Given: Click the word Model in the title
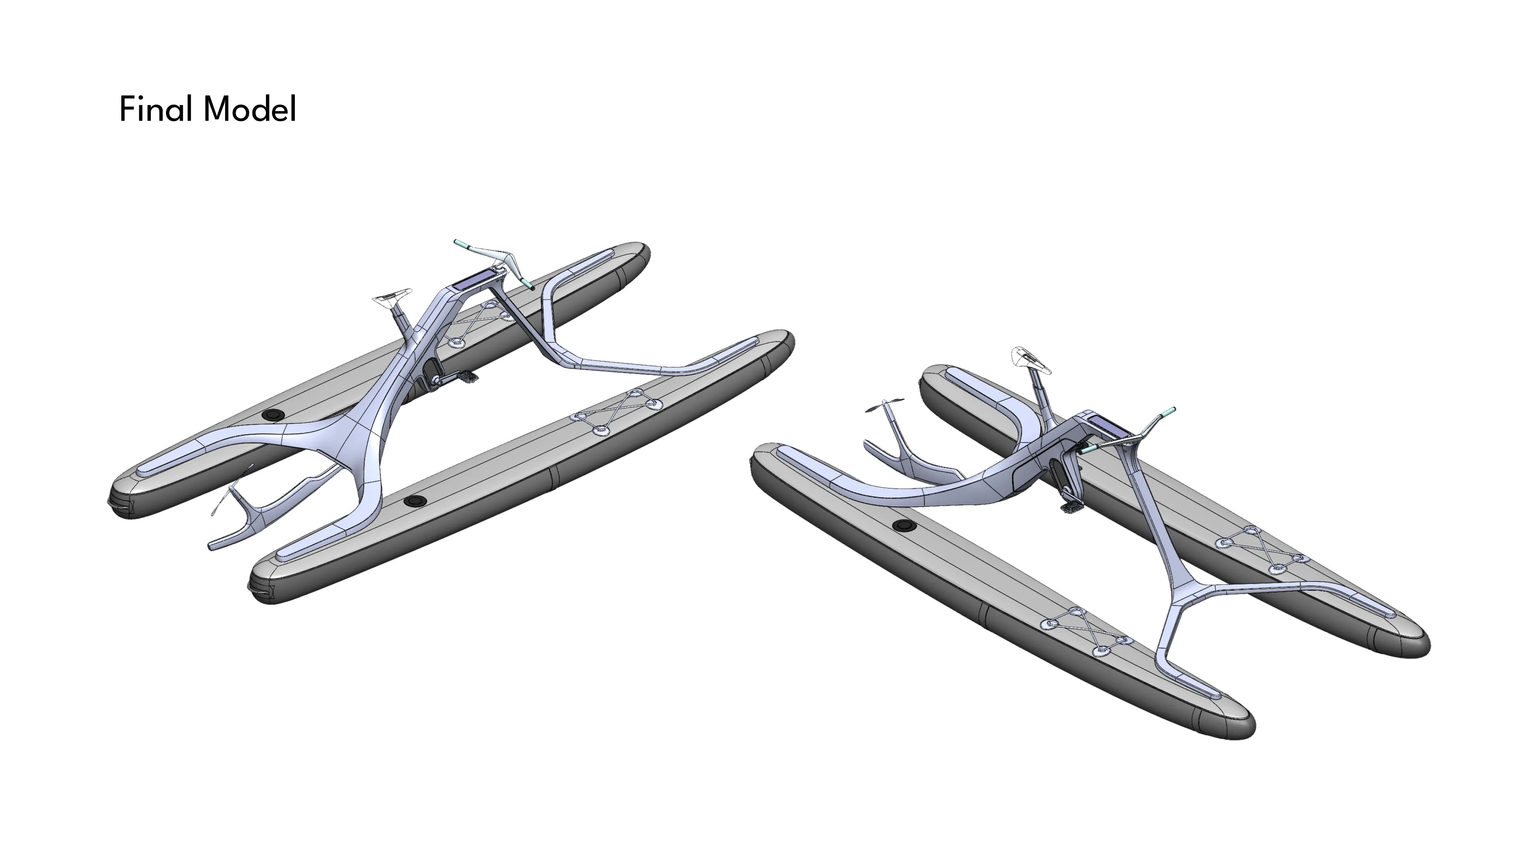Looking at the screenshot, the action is (249, 109).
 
